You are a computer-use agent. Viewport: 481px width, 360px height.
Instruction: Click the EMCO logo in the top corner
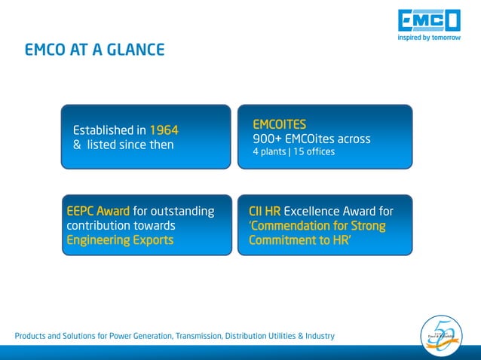[427, 19]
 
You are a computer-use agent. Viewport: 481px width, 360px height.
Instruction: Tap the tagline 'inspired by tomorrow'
[428, 38]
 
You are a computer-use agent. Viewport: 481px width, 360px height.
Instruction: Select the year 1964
[164, 129]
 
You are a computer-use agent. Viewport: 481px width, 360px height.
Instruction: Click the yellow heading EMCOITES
[279, 124]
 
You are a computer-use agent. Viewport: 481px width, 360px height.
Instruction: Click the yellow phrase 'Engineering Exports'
[120, 240]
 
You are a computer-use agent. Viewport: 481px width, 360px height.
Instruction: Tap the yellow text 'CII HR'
[265, 211]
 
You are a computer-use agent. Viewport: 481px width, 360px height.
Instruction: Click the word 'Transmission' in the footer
[194, 336]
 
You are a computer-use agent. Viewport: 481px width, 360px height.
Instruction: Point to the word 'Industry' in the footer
[317, 336]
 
